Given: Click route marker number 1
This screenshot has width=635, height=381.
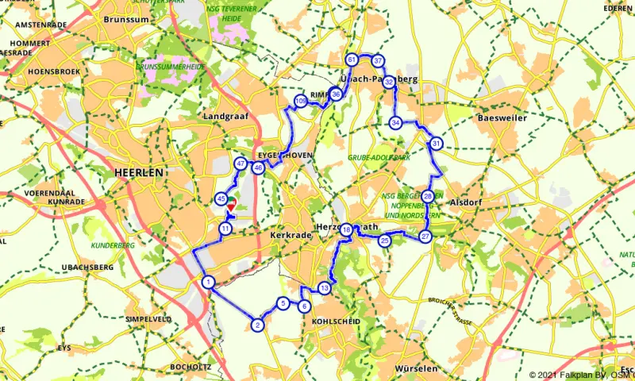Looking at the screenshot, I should click(x=207, y=282).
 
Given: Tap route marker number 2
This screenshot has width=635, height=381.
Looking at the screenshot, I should click(x=257, y=325).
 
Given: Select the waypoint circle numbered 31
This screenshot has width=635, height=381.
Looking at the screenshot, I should click(x=437, y=144).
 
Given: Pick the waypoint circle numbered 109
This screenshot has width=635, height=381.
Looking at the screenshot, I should click(x=300, y=101).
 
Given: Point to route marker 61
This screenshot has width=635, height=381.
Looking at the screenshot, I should click(x=352, y=60).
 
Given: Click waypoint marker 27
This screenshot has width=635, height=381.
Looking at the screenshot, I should click(x=425, y=237).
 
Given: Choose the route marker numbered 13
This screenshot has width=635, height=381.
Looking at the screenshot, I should click(x=324, y=287).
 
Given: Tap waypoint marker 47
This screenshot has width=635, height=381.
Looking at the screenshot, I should click(x=241, y=164).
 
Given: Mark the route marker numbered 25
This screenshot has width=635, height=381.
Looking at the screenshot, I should click(x=385, y=241).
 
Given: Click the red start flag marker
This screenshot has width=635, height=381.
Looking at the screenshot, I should click(x=231, y=206).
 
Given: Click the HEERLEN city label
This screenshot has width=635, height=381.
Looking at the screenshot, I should click(x=138, y=172).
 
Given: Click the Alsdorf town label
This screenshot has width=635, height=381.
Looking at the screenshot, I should click(x=467, y=202).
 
